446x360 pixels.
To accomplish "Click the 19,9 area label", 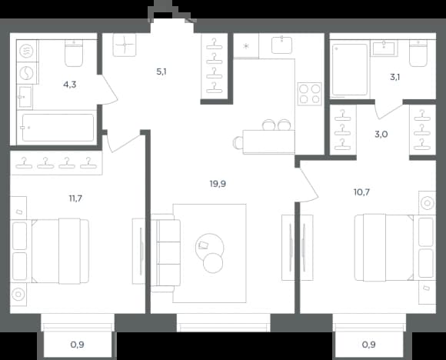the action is coord(218,184).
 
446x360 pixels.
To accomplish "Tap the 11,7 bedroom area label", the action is coord(75,198).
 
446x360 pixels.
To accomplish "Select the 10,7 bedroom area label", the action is coord(361,192).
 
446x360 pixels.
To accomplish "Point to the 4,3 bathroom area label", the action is coord(70,85).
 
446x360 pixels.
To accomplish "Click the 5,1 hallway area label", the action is coord(161,72).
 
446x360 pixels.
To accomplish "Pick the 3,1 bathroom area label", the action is coord(394,77).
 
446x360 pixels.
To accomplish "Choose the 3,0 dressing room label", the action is coord(381,134).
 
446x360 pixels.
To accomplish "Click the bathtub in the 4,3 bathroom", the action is coord(58,128).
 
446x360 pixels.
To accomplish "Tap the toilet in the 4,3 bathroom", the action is coord(74,53).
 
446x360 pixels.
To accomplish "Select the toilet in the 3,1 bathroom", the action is coord(418,54).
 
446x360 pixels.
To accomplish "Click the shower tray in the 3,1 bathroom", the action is coord(350,69).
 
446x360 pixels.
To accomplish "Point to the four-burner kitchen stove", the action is coord(309,94).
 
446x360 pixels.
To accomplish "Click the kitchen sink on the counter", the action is coord(281,45).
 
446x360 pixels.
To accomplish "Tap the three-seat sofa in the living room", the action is coord(165,253).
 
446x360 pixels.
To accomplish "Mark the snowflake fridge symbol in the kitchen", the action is coord(246,46).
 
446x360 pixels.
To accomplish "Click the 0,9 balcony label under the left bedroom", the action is coord(77,345).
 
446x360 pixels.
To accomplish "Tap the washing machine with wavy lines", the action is coord(26,52).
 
